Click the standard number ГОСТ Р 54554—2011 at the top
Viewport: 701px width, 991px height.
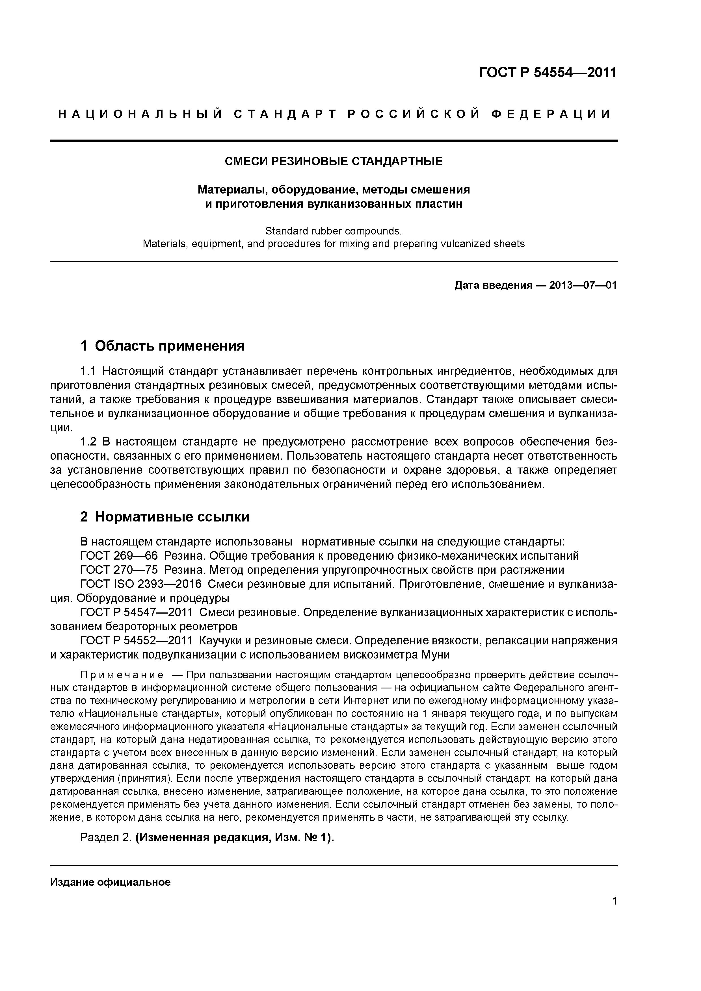click(x=548, y=73)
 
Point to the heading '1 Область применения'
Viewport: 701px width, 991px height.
click(x=163, y=346)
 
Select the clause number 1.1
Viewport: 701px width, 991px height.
click(x=89, y=371)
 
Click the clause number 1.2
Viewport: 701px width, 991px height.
click(x=89, y=442)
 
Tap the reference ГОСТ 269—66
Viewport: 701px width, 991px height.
click(x=119, y=556)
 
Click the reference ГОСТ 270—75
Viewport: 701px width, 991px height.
click(x=119, y=570)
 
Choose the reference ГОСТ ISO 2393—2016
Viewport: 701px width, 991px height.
click(x=141, y=584)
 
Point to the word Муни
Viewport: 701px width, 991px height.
click(x=435, y=655)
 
